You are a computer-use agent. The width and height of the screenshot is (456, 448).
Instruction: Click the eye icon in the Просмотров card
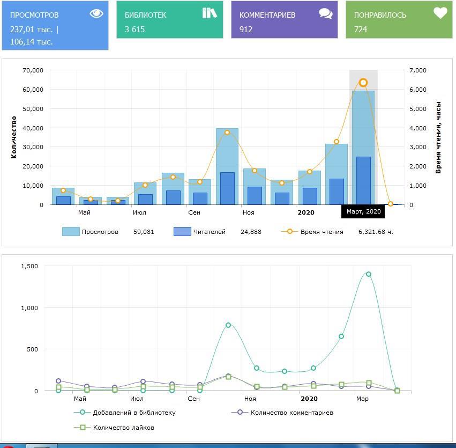point(96,13)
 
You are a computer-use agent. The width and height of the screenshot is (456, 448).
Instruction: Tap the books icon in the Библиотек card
point(210,13)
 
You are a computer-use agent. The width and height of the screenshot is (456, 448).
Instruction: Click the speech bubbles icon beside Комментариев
point(326,13)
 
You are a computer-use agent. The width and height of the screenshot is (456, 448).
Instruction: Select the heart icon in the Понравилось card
point(440,13)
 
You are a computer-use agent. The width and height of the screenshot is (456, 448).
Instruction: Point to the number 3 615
point(134,30)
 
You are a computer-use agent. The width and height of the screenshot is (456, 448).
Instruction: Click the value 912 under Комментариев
point(246,30)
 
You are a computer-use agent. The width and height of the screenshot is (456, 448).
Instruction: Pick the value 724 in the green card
point(361,30)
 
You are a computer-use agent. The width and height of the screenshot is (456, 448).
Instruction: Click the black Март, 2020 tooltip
point(363,211)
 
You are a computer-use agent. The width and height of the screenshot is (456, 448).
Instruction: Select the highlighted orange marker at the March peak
point(363,83)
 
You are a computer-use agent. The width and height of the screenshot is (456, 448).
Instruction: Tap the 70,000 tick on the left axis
point(33,70)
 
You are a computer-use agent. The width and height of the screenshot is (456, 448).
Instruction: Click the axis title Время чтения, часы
point(438,137)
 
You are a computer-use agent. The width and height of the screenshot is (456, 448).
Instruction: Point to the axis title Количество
point(14,137)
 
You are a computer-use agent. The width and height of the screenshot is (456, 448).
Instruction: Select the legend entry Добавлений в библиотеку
point(134,413)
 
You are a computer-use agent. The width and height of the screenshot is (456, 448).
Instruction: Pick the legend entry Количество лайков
point(123,428)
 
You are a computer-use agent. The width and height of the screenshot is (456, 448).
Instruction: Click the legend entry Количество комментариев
point(291,413)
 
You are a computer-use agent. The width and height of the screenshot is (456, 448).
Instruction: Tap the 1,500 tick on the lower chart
point(29,266)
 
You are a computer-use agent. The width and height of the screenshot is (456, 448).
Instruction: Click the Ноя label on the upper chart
point(248,212)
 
